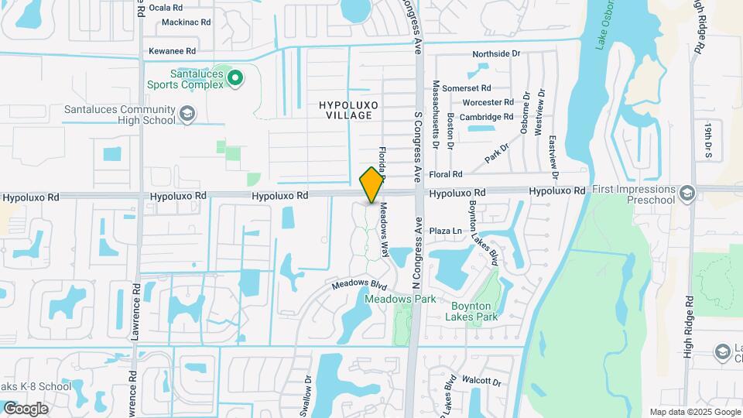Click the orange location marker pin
coord(372,185)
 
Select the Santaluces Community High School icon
coord(187,115)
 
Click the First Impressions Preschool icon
coord(687,191)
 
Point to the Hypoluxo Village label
coord(346,109)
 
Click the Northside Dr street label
coord(496,54)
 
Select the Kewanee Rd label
coord(173,51)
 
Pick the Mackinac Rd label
coord(186,22)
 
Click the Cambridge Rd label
coord(486,117)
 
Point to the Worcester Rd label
coord(488,102)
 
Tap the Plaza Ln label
coord(445,231)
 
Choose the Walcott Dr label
coord(481,382)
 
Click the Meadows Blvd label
coord(358,285)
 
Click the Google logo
coord(26,409)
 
